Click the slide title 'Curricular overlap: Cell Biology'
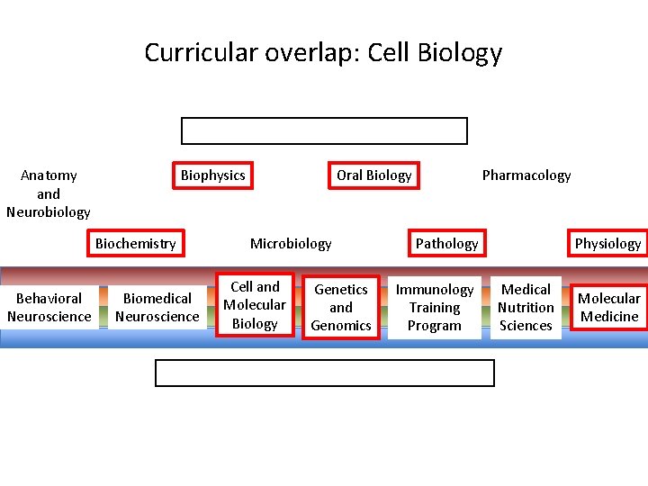323,52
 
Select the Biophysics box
212,175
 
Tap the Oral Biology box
373,175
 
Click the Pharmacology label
526,175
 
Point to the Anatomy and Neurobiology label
49,193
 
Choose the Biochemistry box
135,243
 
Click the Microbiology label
290,243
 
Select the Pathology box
446,243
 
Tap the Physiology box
607,243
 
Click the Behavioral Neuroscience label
49,307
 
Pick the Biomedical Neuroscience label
157,307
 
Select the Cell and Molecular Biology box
255,305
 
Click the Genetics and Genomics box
340,307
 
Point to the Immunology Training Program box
434,307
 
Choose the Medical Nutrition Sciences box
526,307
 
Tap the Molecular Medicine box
608,307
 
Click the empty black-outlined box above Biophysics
324,130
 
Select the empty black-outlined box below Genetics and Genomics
324,373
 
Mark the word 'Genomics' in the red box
340,326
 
